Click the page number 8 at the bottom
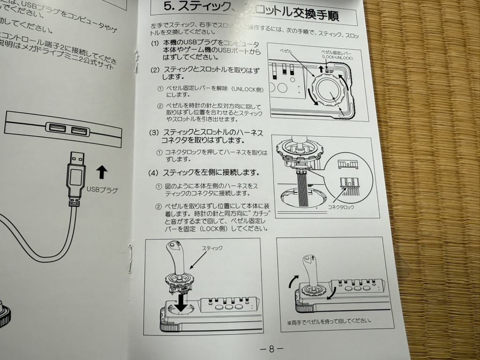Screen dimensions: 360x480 point(271,349)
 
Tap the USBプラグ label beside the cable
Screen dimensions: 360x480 point(102,190)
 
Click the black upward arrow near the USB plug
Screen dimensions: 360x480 point(101,172)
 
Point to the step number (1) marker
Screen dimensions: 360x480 point(155,43)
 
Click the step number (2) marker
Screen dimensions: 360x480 point(155,70)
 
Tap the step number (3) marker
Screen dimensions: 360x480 point(154,133)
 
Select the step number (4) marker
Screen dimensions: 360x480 point(154,173)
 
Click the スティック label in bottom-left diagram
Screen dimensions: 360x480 point(212,248)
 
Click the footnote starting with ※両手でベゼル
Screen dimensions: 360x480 point(329,321)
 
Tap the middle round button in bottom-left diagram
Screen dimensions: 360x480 point(228,308)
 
